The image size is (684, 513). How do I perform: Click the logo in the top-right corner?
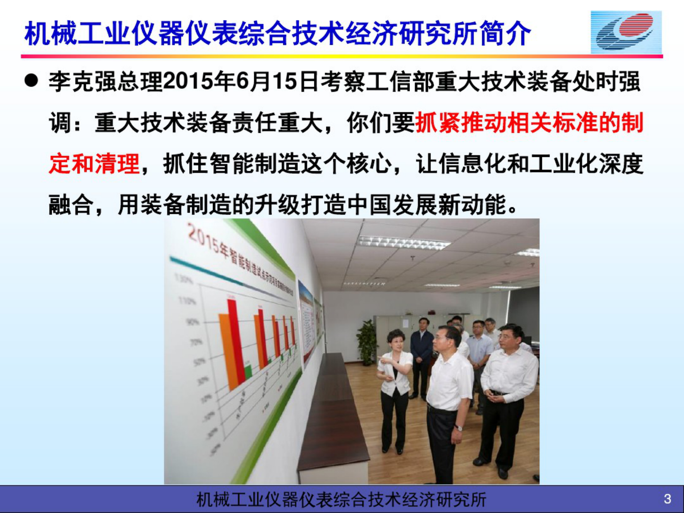(626, 32)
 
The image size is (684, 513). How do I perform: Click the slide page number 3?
(667, 499)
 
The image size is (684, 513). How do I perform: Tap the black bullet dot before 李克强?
(31, 81)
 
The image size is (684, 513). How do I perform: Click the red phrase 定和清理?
(94, 164)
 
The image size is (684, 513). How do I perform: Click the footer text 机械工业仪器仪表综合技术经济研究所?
(341, 499)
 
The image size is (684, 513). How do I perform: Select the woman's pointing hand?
(381, 359)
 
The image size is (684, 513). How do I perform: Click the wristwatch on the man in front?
(459, 428)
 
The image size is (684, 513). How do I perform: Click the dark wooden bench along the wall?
(332, 414)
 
